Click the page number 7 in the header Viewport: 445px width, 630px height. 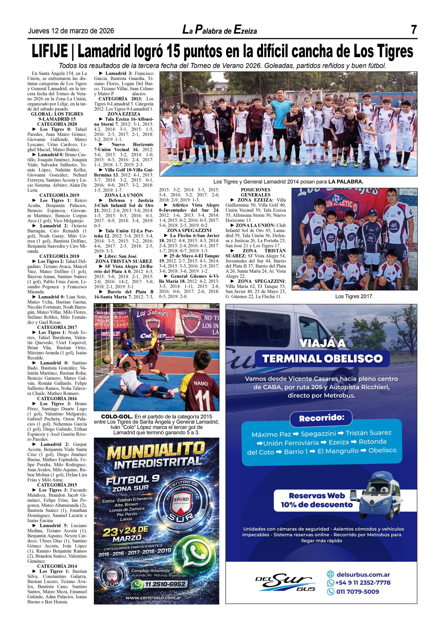pos(414,30)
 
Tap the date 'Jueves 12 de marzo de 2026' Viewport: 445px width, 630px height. pos(71,31)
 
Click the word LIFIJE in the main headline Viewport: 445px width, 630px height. pos(50,51)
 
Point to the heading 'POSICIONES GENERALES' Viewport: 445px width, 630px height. pos(255,192)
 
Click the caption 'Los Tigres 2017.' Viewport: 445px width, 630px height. pos(354,296)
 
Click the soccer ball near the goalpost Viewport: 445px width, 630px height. pos(107,359)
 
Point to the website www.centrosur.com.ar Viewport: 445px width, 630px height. pos(154,598)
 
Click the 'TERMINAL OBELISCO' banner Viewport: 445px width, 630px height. pos(322,359)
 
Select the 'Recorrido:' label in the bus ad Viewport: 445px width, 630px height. pos(321,418)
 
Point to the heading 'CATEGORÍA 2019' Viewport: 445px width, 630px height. pos(59,195)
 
